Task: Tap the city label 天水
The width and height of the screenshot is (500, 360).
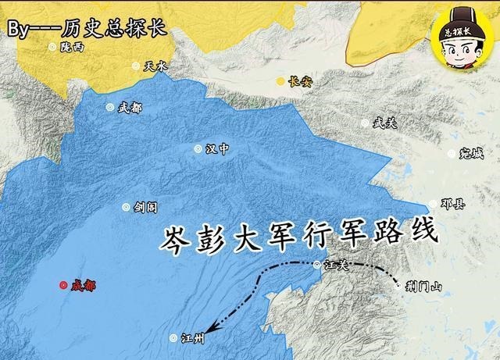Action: (x=155, y=67)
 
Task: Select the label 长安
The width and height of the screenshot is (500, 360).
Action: (x=299, y=81)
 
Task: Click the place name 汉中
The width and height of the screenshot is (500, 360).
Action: (x=216, y=149)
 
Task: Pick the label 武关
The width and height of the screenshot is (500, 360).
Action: (x=384, y=123)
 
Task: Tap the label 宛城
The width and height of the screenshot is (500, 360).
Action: (x=473, y=153)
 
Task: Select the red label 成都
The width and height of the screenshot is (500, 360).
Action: (x=83, y=286)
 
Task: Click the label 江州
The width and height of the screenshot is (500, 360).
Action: (x=191, y=339)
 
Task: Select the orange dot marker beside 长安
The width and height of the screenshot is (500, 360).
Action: (x=280, y=81)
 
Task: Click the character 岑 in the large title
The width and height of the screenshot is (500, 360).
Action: (x=178, y=237)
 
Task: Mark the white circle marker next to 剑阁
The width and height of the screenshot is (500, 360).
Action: (x=126, y=207)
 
